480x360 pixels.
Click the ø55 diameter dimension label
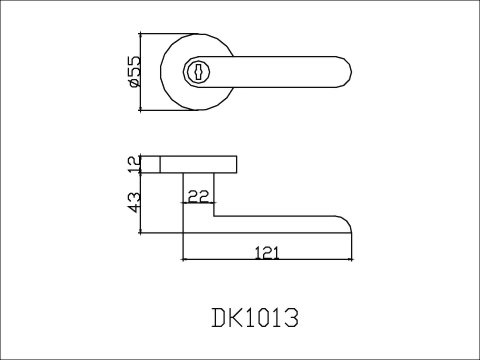[x=135, y=71]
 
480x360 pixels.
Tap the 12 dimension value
[x=135, y=164]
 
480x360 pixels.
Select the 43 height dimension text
[x=135, y=202]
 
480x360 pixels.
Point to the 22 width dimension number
[x=198, y=196]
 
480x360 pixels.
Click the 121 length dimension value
[x=267, y=252]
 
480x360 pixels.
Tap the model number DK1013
[x=255, y=317]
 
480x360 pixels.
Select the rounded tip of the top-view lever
[x=347, y=72]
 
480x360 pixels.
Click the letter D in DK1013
[x=219, y=317]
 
